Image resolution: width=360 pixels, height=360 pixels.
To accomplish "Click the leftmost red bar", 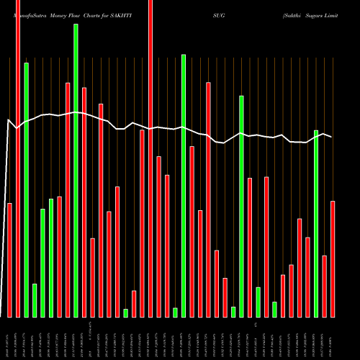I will pos(10,260).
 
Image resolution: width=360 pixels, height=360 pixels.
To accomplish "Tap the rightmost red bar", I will pos(333,258).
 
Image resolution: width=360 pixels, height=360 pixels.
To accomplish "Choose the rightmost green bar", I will pos(316,223).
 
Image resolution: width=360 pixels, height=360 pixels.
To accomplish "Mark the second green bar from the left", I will pos(35,300).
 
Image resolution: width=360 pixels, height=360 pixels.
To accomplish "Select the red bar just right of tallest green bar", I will pos(84,202).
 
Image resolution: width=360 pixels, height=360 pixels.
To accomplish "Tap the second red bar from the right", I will pos(325,286).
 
